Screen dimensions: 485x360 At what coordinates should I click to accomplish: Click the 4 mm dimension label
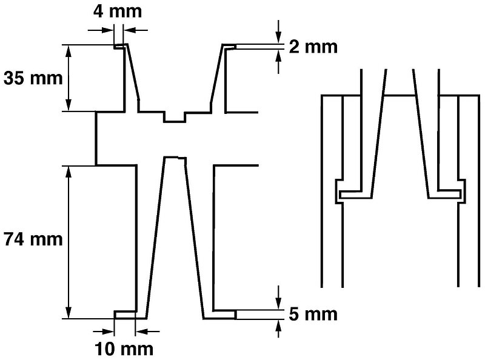[118, 12]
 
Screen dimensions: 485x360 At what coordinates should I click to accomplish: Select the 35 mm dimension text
[33, 78]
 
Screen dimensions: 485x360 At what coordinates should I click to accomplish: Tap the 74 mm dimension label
[33, 239]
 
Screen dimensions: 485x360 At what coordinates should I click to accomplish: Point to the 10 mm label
[124, 349]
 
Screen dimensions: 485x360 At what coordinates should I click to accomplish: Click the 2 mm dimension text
[313, 47]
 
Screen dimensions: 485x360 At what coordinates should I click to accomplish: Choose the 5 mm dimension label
[313, 314]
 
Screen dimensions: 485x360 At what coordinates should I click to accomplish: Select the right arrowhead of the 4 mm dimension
[129, 30]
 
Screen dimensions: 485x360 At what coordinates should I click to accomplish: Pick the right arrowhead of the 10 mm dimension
[142, 332]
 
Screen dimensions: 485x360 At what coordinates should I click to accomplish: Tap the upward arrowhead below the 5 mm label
[279, 326]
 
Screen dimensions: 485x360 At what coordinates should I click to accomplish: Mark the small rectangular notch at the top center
[175, 117]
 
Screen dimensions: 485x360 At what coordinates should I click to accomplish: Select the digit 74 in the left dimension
[13, 239]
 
